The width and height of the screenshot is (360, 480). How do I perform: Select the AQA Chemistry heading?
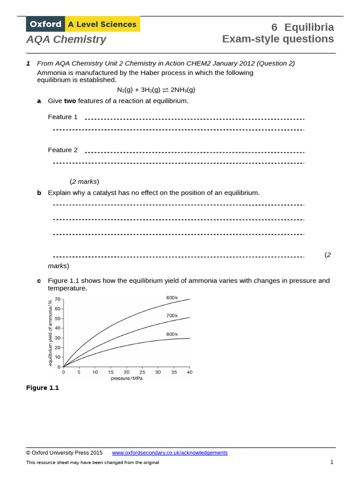(66, 39)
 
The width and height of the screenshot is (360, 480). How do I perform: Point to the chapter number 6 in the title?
(275, 27)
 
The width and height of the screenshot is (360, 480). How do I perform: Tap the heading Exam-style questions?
(278, 39)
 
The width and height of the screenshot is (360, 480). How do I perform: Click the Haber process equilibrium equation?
(156, 90)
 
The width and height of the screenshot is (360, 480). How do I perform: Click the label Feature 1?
(63, 117)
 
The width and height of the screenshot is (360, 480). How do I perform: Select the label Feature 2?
(63, 150)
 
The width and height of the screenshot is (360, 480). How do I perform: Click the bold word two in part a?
(70, 101)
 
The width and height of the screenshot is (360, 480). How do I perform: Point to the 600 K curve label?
(172, 298)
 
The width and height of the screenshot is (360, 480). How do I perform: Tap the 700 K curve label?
(172, 315)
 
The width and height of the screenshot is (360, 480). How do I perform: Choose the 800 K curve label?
(172, 334)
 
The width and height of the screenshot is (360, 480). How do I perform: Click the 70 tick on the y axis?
(58, 299)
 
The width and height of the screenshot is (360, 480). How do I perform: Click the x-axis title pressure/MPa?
(127, 378)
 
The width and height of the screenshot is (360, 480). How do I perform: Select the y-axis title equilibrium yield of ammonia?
(50, 333)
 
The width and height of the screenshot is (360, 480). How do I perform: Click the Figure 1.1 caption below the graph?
(43, 388)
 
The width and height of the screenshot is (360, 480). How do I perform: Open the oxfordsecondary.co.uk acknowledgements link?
(170, 453)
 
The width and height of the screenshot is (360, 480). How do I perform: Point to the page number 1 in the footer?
(331, 462)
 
